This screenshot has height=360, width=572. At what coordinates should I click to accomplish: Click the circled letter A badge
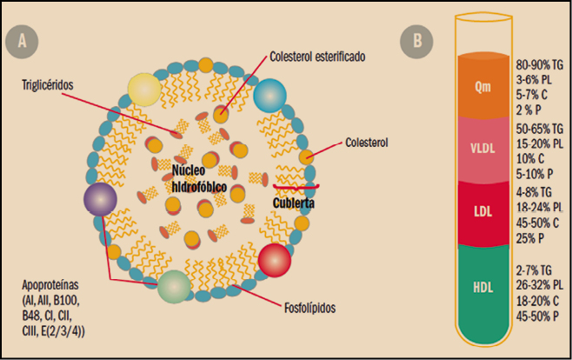click(22, 42)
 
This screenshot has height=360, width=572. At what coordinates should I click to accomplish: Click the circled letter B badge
click(416, 42)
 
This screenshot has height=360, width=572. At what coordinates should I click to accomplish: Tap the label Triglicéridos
click(48, 85)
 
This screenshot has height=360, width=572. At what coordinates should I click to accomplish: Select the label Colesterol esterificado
click(317, 57)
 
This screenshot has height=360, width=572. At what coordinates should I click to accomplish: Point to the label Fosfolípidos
click(309, 308)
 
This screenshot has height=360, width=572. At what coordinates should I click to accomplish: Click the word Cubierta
click(294, 203)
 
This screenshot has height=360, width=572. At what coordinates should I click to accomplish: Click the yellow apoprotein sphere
click(144, 90)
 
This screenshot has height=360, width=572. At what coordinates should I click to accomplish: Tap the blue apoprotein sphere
click(269, 96)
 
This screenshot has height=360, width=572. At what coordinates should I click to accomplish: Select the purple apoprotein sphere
click(100, 199)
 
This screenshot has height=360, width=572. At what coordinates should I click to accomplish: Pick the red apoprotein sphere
click(275, 260)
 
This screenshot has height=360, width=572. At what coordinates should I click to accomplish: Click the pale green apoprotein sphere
click(174, 287)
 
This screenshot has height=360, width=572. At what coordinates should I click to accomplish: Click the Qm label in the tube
click(482, 88)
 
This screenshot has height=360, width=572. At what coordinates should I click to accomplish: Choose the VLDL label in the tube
click(482, 148)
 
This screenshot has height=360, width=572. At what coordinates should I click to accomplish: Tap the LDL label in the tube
click(483, 211)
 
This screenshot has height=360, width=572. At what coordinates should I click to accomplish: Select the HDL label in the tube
click(483, 288)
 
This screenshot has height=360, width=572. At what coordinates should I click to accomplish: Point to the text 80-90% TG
click(540, 65)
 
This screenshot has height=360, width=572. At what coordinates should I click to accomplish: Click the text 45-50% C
click(537, 223)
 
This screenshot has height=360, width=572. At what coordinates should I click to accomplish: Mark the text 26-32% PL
click(540, 285)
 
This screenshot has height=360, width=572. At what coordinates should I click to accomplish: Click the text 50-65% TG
click(540, 129)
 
